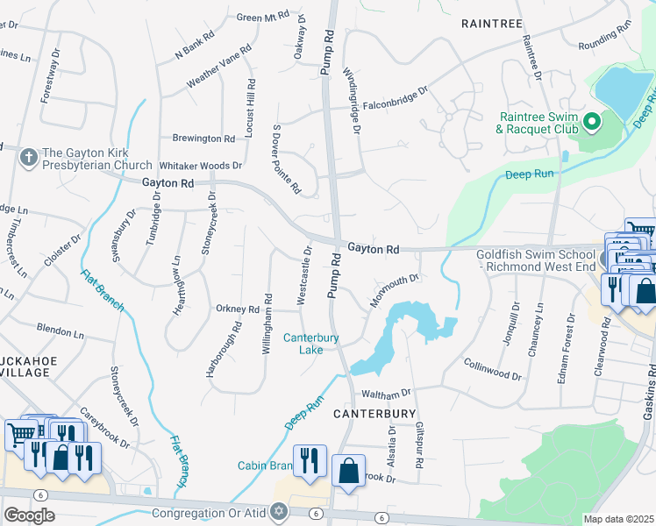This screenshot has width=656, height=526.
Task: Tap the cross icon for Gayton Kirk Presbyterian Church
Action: tap(28, 157)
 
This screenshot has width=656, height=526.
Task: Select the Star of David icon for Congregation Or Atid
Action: tap(280, 511)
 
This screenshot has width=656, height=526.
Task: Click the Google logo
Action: tap(29, 515)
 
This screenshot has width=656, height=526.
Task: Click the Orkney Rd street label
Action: tap(238, 309)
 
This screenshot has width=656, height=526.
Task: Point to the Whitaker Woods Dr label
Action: tap(200, 165)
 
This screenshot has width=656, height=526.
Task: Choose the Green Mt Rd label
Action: tap(263, 17)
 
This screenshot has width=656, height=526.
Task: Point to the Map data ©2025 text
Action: tap(618, 519)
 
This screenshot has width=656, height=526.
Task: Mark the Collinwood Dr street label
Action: tap(491, 370)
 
